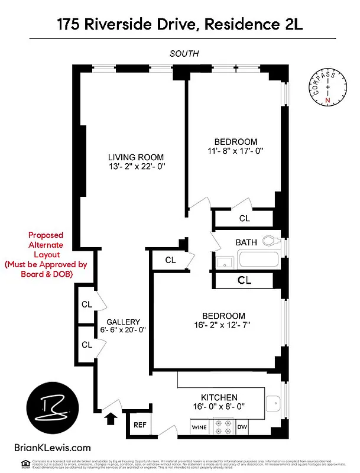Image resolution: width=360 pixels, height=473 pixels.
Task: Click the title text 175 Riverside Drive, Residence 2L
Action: (179, 24)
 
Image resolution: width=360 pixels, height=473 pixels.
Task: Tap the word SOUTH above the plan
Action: (184, 54)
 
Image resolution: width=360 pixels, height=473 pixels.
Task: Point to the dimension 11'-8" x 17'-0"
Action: (235, 151)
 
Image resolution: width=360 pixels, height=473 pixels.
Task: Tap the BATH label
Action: (247, 242)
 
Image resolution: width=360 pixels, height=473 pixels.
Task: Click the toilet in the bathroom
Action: (271, 241)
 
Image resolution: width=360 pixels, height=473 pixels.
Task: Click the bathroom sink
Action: (225, 262)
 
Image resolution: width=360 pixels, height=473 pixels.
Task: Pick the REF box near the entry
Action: (140, 425)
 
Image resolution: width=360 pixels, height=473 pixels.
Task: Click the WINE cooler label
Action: (199, 427)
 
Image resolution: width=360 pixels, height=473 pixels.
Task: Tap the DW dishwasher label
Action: (242, 427)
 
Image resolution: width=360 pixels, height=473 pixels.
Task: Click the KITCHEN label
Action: (219, 398)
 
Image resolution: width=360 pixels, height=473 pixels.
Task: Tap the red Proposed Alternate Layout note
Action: (46, 255)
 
